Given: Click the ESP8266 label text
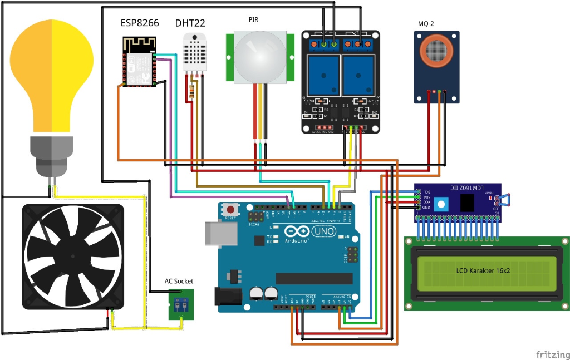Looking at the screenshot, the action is pos(140,23).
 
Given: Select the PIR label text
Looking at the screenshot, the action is pos(253,19).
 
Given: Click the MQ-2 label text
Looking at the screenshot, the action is pos(426,24).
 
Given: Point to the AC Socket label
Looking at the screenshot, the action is pos(179,281).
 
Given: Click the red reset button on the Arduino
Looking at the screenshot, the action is pos(230,210).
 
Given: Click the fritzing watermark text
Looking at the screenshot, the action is pos(552,354).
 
